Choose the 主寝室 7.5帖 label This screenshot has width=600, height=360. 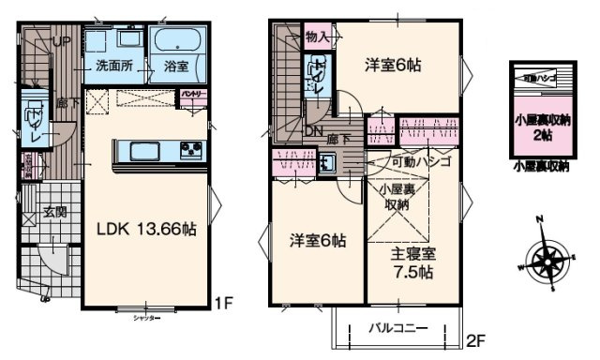(x=412, y=262)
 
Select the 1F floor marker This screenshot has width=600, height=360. (x=222, y=303)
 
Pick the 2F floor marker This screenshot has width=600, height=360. (x=476, y=338)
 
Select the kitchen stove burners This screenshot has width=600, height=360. (x=191, y=152)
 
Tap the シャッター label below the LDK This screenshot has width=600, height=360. (x=143, y=318)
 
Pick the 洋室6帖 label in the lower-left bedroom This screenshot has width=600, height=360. (x=316, y=240)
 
